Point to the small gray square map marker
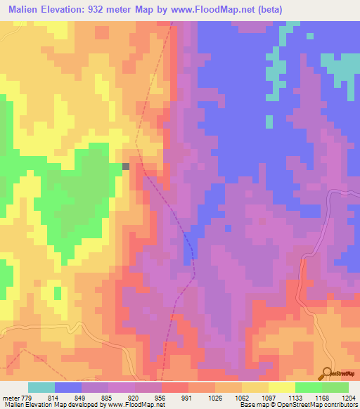126,167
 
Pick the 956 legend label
161,398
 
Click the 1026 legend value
214,398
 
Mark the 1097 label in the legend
268,398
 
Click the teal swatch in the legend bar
41,387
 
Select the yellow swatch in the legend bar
281,387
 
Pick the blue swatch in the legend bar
67,387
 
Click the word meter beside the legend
9,398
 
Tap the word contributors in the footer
341,405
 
